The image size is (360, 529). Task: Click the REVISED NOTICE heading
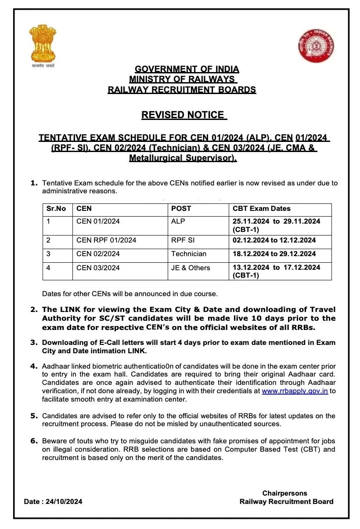click(183, 115)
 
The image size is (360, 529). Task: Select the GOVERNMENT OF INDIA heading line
click(187, 69)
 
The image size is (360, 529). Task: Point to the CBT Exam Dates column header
click(262, 208)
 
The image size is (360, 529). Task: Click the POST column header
click(181, 208)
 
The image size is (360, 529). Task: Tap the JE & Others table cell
click(191, 268)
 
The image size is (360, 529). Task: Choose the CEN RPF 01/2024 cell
click(106, 240)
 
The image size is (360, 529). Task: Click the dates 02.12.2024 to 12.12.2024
click(274, 240)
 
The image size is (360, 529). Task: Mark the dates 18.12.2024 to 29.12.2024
click(274, 254)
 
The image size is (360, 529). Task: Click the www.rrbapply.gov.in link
click(295, 391)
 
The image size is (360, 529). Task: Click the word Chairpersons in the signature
click(285, 493)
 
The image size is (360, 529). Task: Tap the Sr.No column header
click(56, 208)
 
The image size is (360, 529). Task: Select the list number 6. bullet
click(34, 441)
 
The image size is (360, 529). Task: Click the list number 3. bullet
click(34, 342)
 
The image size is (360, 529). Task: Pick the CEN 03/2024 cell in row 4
click(98, 268)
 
